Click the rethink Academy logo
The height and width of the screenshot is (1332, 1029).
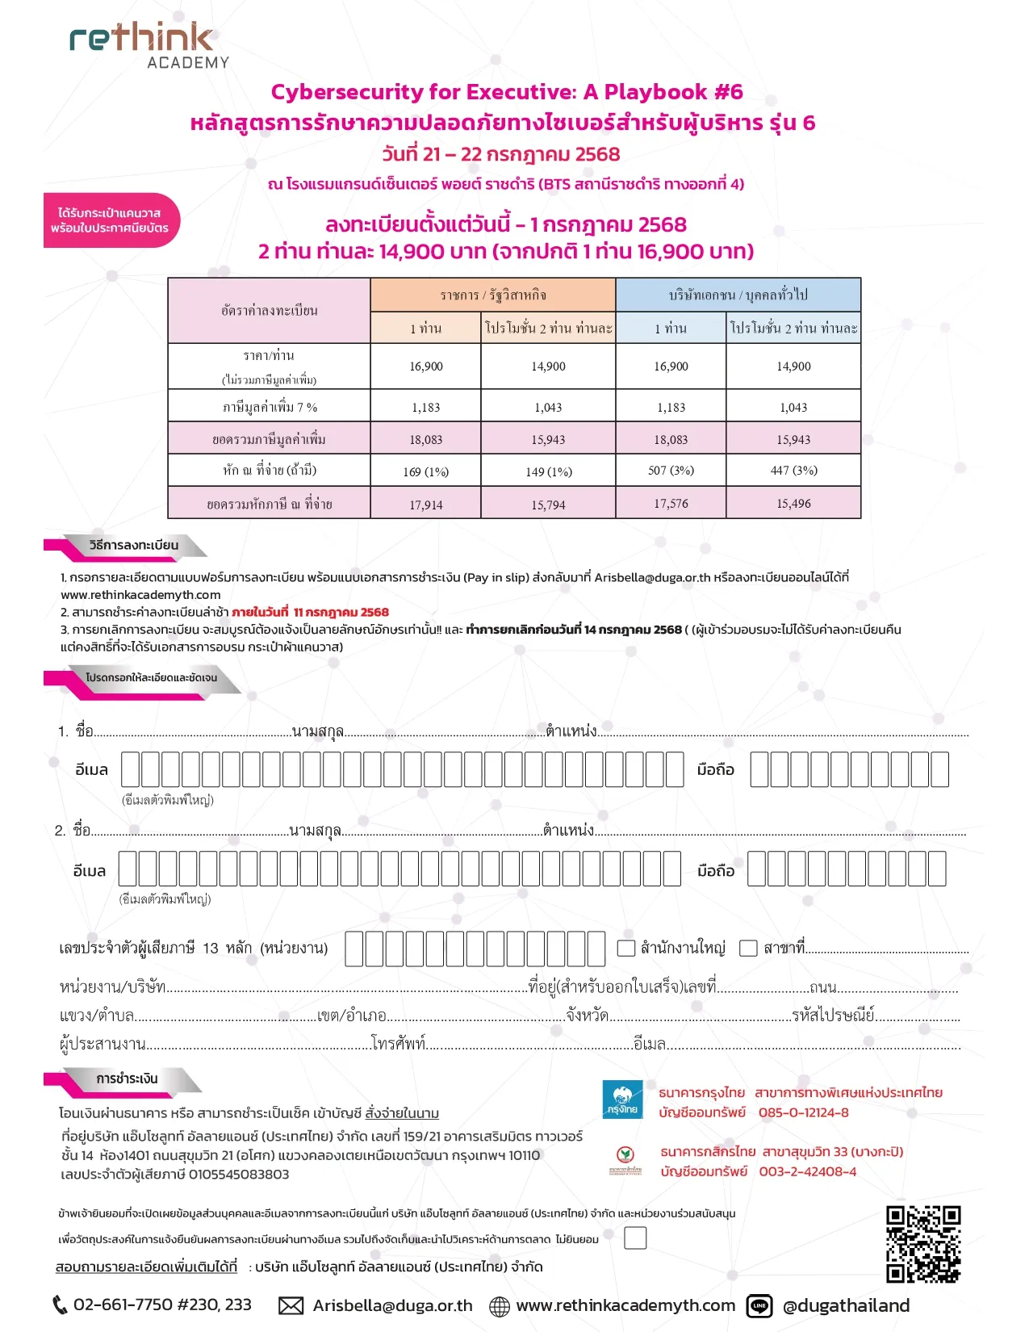pos(149,45)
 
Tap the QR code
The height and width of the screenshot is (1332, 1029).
pos(923,1244)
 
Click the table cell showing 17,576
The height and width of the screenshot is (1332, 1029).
pos(671,503)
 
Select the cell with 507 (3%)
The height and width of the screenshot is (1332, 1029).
pos(671,470)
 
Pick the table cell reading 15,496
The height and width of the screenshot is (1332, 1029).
pos(793,503)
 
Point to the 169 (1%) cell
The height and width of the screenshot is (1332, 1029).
pos(425,471)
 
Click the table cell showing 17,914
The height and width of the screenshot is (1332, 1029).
pos(425,505)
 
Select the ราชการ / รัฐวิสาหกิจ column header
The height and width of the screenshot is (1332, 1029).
pos(493,295)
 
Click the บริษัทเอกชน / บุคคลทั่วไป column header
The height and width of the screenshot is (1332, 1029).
pos(738,295)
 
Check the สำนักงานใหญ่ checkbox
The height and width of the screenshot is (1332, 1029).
pos(626,948)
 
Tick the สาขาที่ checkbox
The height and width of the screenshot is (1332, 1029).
pos(748,948)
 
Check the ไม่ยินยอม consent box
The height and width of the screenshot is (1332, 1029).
pos(635,1238)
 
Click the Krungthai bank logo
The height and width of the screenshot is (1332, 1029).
pos(622,1100)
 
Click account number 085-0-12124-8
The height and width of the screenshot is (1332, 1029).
pos(803,1112)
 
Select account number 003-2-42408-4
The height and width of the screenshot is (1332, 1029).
pos(807,1171)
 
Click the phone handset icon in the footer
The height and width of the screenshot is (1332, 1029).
pos(60,1305)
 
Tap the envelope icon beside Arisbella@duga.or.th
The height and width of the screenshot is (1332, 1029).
pos(291,1305)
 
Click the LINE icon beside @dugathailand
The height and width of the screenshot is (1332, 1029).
pos(759,1305)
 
